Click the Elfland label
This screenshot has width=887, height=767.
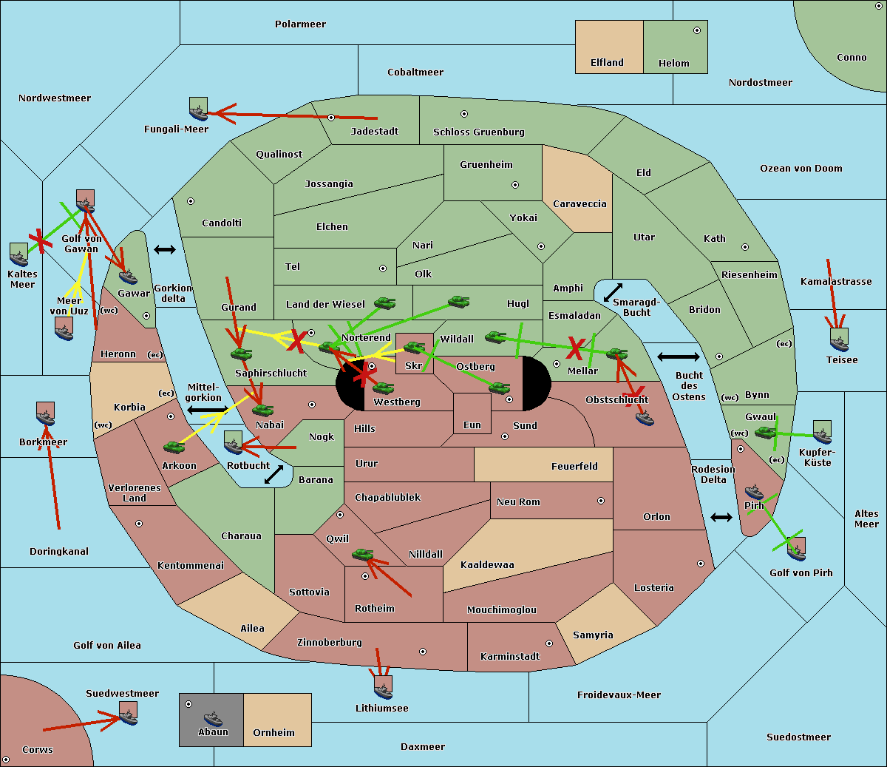pyautogui.click(x=607, y=63)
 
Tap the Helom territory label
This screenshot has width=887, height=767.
pyautogui.click(x=673, y=64)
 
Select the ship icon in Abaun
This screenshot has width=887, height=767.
pyautogui.click(x=213, y=718)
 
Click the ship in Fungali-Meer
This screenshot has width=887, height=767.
pyautogui.click(x=198, y=111)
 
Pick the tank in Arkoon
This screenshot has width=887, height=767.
pyautogui.click(x=174, y=447)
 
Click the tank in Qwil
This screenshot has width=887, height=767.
pyautogui.click(x=362, y=554)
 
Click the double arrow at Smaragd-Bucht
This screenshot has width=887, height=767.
pyautogui.click(x=614, y=292)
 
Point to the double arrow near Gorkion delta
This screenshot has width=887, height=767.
pyautogui.click(x=165, y=250)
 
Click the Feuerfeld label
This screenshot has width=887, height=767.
pyautogui.click(x=574, y=467)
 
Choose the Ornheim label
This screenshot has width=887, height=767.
pyautogui.click(x=273, y=733)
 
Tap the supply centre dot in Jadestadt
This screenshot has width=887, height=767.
pyautogui.click(x=331, y=118)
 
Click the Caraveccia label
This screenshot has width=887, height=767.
pyautogui.click(x=580, y=204)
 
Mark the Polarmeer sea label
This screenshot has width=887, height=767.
pyautogui.click(x=300, y=24)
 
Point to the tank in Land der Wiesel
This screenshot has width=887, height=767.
pyautogui.click(x=384, y=303)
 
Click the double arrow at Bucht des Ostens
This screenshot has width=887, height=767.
pyautogui.click(x=678, y=357)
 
